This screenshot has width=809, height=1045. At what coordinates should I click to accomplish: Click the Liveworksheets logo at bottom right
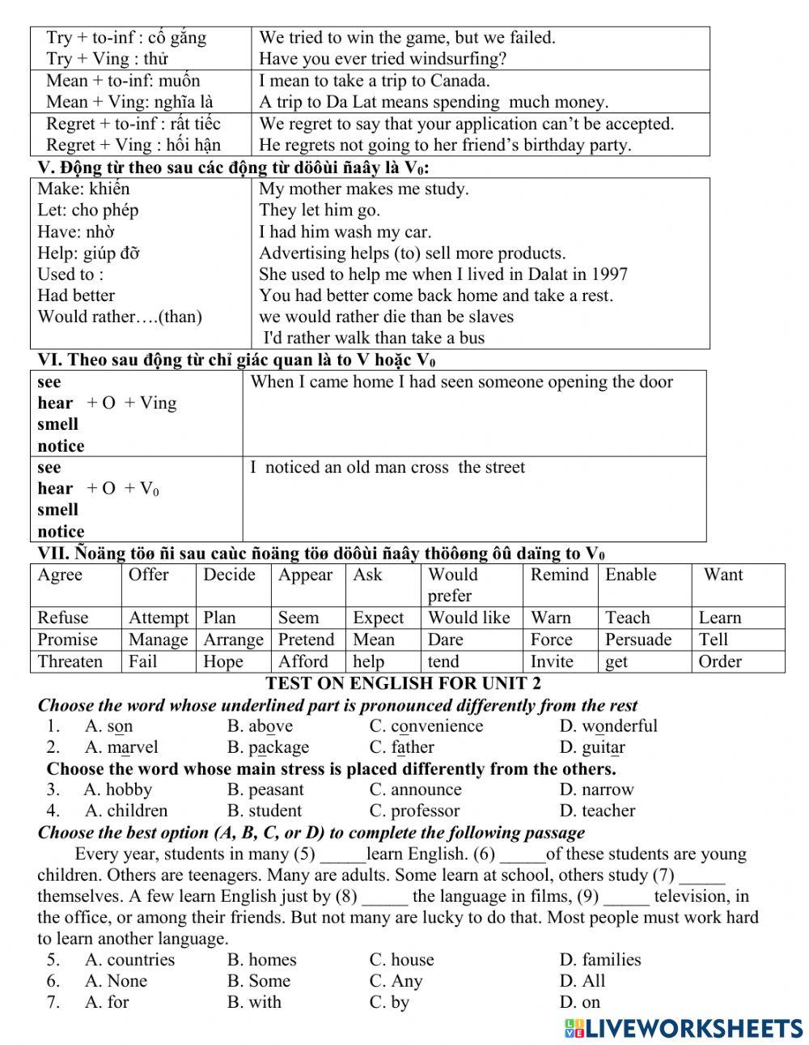(684, 1028)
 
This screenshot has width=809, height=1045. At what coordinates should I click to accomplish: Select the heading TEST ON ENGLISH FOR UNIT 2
(403, 683)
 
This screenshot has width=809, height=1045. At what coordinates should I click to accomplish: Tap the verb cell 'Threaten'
(70, 661)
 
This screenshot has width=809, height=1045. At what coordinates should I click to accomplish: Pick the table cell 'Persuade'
(638, 639)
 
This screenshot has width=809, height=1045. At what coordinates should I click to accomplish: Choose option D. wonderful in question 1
(608, 726)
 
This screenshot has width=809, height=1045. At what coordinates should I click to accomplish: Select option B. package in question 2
(268, 747)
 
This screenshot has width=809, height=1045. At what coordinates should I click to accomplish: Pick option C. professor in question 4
(414, 810)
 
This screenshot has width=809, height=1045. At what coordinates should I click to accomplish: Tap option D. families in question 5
(600, 960)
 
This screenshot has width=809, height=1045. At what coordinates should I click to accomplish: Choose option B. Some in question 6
(258, 981)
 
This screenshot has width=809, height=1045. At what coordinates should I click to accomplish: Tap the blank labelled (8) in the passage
(385, 897)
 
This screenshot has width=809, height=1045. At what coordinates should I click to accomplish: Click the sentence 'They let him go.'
(319, 210)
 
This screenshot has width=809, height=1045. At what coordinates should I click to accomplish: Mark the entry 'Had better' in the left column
(76, 295)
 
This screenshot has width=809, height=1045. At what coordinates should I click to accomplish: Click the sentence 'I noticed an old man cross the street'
(388, 468)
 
